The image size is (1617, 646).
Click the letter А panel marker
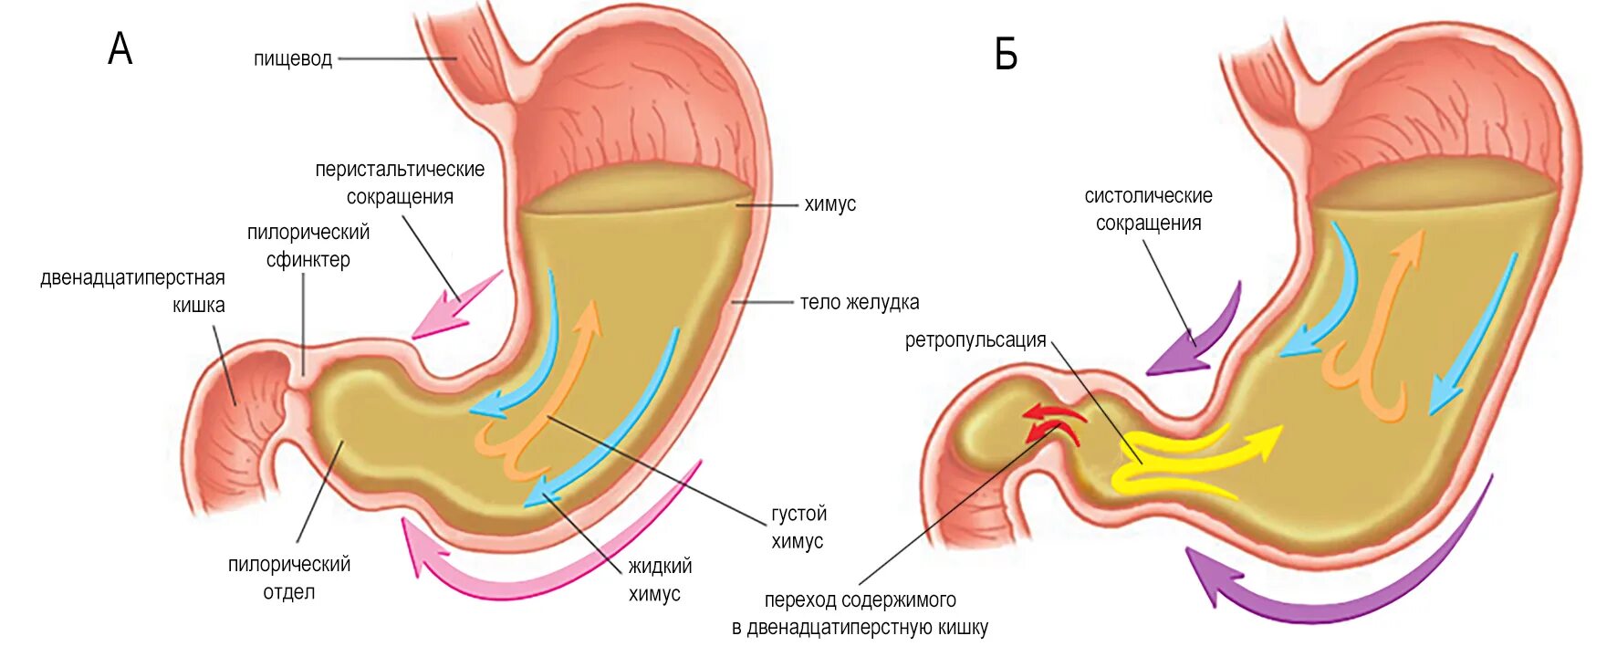coord(120,49)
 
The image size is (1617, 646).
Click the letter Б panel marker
coord(1006,56)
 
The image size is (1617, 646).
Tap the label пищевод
coord(293,59)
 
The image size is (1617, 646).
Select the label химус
coord(829,204)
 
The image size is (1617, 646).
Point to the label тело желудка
coord(859,302)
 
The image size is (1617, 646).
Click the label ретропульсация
coord(975,340)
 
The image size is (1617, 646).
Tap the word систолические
coord(1148,195)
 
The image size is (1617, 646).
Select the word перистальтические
coord(400,170)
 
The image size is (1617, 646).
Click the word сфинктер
coord(308,260)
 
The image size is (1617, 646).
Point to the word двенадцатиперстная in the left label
coord(132,278)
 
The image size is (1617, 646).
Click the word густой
coord(798,514)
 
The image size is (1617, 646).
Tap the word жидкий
coord(660,567)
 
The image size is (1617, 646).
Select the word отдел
coord(289,592)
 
